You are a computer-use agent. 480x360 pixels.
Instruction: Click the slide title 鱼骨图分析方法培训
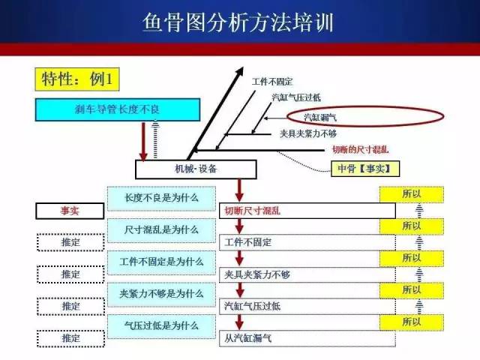coord(238,22)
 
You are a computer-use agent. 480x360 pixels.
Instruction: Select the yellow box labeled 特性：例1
coord(77,79)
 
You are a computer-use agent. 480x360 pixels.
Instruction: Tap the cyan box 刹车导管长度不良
coord(118,109)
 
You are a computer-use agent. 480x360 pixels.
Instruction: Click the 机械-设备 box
coord(196,169)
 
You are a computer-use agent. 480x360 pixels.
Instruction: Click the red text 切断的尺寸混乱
coord(360,150)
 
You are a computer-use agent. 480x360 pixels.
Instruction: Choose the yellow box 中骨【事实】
coord(365,169)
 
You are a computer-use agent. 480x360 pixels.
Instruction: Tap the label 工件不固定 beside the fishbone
coord(272,82)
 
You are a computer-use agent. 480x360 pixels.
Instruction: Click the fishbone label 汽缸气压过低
coord(296,97)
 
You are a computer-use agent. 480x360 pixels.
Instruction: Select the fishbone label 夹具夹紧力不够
coord(308,133)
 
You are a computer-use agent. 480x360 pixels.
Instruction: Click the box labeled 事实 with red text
coord(70,211)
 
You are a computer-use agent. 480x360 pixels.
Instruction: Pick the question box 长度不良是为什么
coord(161,198)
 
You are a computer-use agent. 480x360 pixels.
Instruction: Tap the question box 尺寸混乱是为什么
coord(161,230)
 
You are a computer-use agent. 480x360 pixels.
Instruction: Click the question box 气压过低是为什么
coord(161,326)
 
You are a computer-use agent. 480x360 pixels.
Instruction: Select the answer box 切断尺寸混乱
coord(307,211)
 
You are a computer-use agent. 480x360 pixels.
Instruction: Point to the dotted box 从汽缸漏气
coord(307,338)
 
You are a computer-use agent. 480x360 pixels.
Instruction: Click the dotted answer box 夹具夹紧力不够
coord(307,274)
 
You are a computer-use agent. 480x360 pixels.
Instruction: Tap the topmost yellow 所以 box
coord(412,194)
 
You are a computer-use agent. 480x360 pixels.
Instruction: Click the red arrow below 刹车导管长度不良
coord(143,142)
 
